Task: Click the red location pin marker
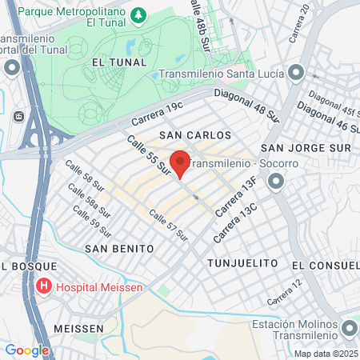click(180, 163)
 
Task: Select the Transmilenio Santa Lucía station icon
click(296, 74)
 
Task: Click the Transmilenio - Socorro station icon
click(277, 183)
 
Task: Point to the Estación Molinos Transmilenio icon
click(349, 329)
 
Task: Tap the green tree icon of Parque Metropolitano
click(139, 15)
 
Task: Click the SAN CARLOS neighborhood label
click(189, 136)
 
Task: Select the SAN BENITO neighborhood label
click(119, 249)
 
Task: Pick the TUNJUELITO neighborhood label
click(242, 262)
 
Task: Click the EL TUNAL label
click(119, 62)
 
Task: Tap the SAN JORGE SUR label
click(307, 148)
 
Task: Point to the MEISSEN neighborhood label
click(78, 329)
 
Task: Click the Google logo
click(26, 350)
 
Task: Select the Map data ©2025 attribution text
click(325, 354)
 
